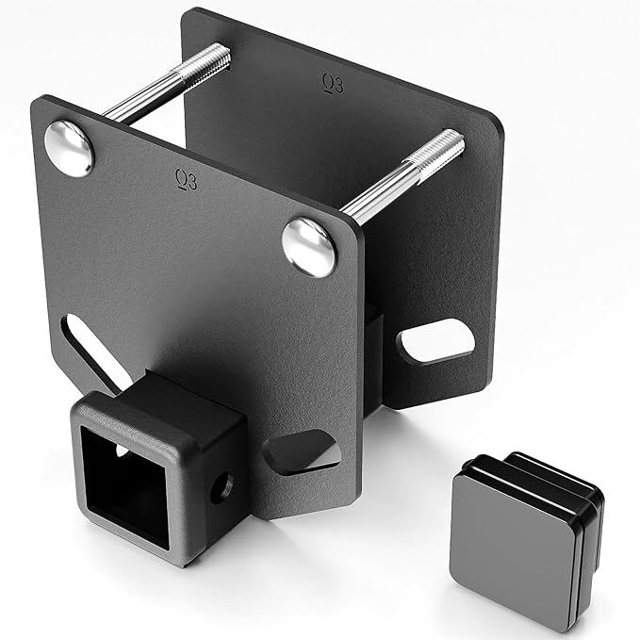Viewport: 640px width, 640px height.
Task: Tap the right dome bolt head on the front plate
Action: click(309, 247)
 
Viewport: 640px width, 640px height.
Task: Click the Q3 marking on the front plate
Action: click(187, 179)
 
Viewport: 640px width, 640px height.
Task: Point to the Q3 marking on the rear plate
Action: click(333, 83)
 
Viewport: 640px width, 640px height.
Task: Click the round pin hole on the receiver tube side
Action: click(222, 488)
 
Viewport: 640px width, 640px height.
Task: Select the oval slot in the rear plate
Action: click(435, 341)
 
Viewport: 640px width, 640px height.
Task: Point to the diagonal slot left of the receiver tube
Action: click(90, 353)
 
